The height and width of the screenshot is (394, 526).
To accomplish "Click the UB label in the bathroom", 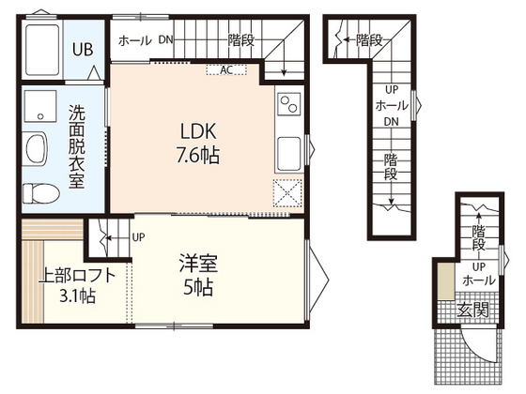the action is click(83, 49).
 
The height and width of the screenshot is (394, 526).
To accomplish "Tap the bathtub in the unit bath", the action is click(42, 50).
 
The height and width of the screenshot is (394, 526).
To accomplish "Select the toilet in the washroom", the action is click(40, 193).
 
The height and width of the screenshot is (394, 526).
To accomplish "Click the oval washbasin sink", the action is click(37, 148).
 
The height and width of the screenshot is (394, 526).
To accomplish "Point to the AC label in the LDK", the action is click(226, 70).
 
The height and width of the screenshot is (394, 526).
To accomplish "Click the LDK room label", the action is click(198, 131).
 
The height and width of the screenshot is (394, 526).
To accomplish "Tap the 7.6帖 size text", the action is click(198, 155).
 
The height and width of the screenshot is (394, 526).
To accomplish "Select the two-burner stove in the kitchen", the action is click(289, 104).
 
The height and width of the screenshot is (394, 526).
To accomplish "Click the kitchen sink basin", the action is click(289, 154).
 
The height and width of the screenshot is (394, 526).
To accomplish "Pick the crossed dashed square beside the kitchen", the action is click(287, 193).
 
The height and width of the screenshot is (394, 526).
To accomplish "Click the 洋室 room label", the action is click(198, 264).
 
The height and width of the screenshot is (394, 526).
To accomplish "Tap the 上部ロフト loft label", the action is click(77, 277).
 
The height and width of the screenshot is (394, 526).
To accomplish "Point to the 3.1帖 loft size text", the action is click(77, 295).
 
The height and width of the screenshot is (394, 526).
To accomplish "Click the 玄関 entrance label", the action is click(473, 311).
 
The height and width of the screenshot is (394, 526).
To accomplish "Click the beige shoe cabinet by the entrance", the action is click(446, 281).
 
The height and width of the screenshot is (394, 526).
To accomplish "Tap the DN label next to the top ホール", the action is click(165, 39).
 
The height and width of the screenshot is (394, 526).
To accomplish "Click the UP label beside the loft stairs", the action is click(139, 237).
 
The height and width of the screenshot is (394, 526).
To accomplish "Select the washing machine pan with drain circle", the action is click(40, 106).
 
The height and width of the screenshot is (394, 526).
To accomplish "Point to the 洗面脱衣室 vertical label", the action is click(77, 146).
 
